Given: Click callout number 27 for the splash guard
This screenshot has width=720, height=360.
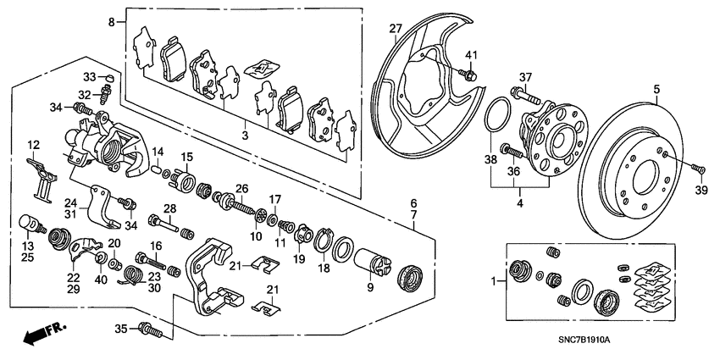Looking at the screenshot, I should [395, 30].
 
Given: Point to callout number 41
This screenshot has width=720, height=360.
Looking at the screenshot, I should [472, 56].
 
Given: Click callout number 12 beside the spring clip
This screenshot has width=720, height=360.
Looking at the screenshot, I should [33, 144].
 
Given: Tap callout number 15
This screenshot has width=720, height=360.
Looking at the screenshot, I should [186, 157].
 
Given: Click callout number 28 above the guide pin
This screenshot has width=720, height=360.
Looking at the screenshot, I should [169, 208].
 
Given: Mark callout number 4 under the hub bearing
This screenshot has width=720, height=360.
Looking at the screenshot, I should [519, 203].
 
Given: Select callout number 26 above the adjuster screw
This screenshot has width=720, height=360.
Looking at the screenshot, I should [242, 188].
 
